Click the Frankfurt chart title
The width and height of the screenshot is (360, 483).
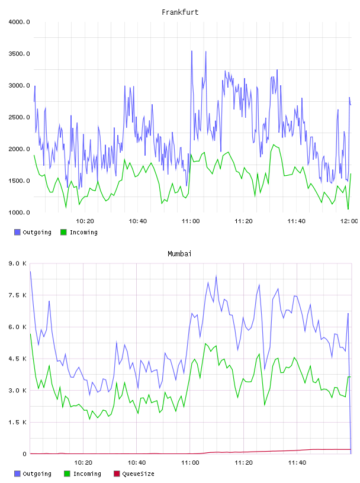click(180, 12)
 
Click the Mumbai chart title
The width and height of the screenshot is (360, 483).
click(179, 254)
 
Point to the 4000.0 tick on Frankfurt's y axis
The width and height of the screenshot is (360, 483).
click(19, 22)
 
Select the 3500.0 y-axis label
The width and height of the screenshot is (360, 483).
click(19, 54)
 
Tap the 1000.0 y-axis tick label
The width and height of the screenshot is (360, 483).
click(19, 212)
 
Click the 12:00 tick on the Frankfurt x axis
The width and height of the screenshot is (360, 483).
click(349, 221)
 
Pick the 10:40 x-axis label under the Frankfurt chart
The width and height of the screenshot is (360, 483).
click(138, 221)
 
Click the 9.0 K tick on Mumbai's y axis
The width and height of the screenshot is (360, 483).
click(18, 263)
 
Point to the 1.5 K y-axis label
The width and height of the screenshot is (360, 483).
click(18, 422)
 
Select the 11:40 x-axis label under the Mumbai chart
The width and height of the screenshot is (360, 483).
click(297, 463)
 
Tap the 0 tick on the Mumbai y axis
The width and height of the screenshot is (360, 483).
click(25, 454)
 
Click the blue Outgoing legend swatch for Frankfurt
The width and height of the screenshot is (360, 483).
click(17, 232)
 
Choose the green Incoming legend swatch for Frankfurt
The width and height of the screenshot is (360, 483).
click(63, 232)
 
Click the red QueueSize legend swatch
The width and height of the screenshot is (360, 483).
click(117, 474)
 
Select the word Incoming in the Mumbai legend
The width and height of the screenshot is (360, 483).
click(87, 474)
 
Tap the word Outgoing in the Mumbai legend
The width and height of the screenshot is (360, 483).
click(37, 474)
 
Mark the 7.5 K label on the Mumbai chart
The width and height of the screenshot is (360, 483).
click(18, 295)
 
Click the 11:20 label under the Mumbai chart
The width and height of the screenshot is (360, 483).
click(243, 463)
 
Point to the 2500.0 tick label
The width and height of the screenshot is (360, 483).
click(19, 117)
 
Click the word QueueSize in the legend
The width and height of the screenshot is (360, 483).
click(138, 474)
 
